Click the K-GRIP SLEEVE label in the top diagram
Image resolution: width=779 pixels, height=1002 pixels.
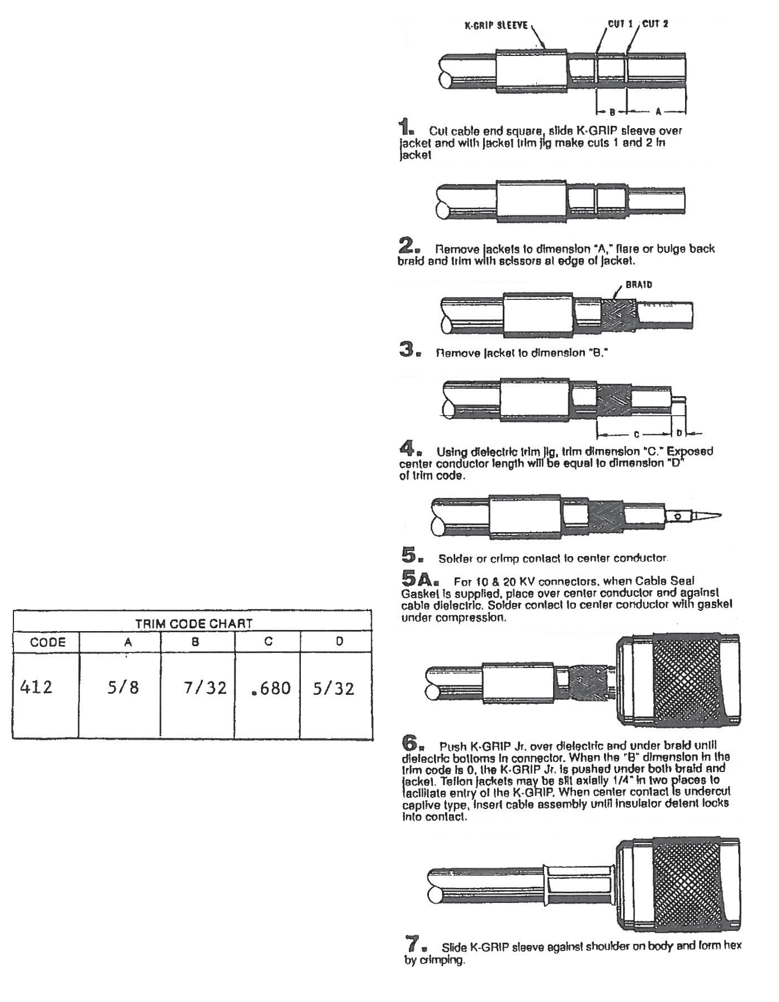496,26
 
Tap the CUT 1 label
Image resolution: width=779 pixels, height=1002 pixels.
620,25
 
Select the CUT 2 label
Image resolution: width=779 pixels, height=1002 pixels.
655,25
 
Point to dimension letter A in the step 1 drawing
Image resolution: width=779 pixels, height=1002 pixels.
658,112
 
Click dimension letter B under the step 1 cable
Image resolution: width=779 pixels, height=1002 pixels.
612,112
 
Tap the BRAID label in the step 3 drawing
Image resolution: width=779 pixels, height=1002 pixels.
639,284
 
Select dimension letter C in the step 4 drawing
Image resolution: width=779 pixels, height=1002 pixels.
636,434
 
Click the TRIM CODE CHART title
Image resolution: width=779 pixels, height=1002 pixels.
193,623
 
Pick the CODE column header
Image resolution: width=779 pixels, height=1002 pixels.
48,642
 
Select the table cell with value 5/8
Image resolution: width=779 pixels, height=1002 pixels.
123,687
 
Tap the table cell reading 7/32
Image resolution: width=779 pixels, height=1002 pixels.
205,687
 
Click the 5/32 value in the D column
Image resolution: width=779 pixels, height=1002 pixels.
333,688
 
